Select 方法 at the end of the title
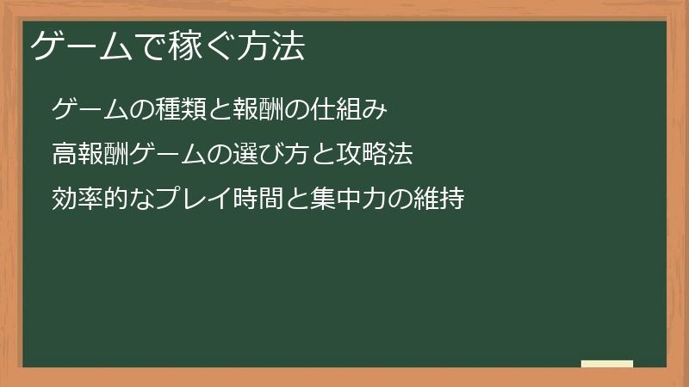pyautogui.click(x=271, y=46)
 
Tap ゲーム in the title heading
pyautogui.click(x=79, y=46)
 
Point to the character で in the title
pyautogui.click(x=149, y=46)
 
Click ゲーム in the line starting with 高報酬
pyautogui.click(x=164, y=155)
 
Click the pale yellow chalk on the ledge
pyautogui.click(x=607, y=364)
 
